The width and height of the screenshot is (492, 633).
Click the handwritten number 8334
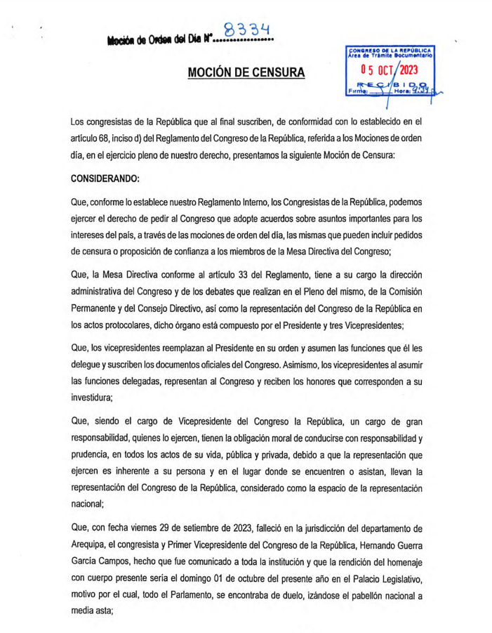coord(246,30)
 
